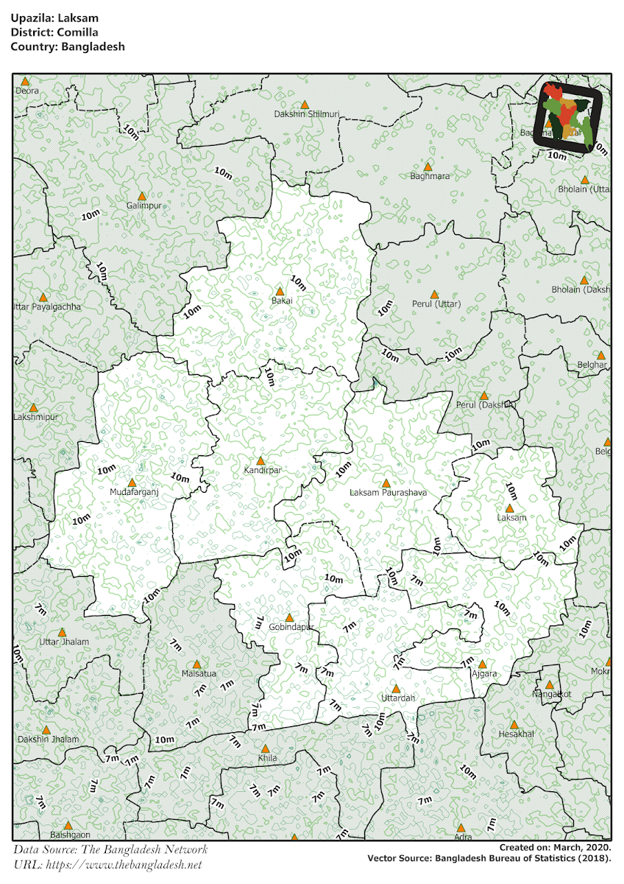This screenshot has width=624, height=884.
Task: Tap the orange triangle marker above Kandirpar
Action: [260, 460]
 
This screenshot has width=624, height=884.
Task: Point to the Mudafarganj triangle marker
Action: [132, 483]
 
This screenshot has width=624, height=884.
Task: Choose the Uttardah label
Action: [398, 698]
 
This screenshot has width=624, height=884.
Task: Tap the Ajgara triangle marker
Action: [483, 664]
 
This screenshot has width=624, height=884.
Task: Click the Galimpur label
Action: [143, 206]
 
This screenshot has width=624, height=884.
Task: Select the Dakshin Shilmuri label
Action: [306, 113]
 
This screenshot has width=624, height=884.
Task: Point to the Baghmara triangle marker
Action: [428, 166]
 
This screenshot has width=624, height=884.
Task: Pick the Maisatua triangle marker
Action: [196, 664]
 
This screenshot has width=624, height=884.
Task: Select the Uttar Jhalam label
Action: [64, 642]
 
